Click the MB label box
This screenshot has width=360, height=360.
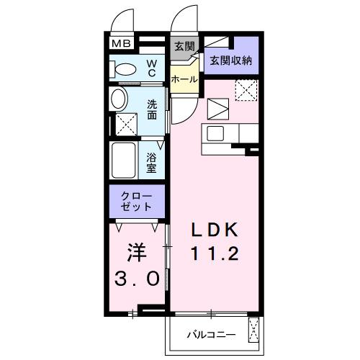pos(120,44)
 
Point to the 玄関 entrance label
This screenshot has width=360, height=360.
pos(184,47)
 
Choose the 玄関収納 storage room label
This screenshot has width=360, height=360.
pos(230,61)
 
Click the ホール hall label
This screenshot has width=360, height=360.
pos(185,78)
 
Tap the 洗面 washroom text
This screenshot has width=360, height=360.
pos(152,109)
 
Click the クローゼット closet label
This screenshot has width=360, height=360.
pos(138,201)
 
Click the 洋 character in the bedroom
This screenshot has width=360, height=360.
pos(137,252)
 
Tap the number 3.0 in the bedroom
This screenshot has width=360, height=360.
pos(137,278)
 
